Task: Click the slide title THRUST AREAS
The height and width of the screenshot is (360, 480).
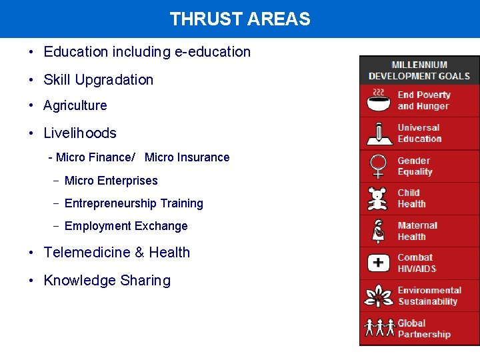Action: click(x=240, y=19)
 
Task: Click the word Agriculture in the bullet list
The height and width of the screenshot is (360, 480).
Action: click(x=75, y=105)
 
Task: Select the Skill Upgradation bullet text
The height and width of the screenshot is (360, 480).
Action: click(x=98, y=79)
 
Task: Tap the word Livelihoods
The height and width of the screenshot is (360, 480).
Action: click(x=79, y=133)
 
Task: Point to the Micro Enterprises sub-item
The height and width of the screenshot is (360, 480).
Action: click(x=111, y=181)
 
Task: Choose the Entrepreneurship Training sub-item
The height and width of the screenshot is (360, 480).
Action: click(x=133, y=203)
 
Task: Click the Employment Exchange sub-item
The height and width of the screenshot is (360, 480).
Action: click(x=125, y=226)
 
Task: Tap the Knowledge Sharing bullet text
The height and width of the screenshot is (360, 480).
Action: click(x=107, y=281)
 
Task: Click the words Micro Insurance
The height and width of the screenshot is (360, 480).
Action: click(x=187, y=157)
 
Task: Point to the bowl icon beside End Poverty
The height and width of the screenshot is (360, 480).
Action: click(x=379, y=101)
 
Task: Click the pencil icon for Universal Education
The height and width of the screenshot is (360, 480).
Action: click(x=379, y=133)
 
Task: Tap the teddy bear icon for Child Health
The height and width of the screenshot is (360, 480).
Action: click(x=379, y=199)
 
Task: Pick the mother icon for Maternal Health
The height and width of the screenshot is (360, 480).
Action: click(x=379, y=231)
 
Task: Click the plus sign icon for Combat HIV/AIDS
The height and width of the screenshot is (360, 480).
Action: click(x=379, y=263)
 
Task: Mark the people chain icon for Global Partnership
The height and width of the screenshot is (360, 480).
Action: click(x=379, y=328)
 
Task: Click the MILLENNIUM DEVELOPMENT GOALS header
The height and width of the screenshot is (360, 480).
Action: click(x=419, y=71)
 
